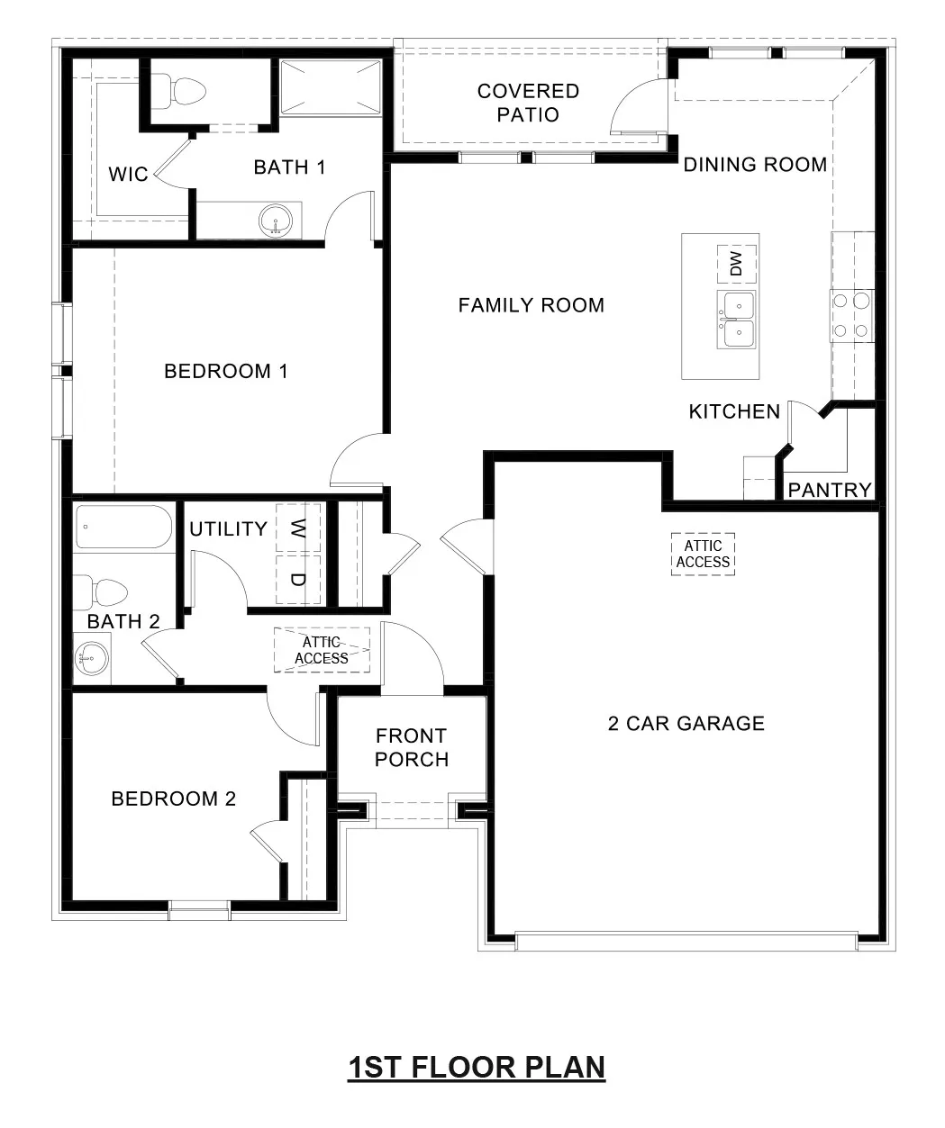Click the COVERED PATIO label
[x=528, y=103]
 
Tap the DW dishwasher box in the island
[x=736, y=264]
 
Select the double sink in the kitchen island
[x=736, y=320]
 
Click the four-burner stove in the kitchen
[x=851, y=316]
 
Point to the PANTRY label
[x=830, y=490]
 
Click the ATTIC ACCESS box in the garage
[x=703, y=554]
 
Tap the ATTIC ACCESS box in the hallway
[x=322, y=650]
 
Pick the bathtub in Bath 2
[x=124, y=527]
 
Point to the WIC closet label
[x=128, y=174]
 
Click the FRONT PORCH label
[x=412, y=748]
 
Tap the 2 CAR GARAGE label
[x=686, y=724]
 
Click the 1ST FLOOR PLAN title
[x=477, y=1068]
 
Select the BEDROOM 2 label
[x=173, y=799]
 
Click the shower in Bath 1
[x=330, y=87]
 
